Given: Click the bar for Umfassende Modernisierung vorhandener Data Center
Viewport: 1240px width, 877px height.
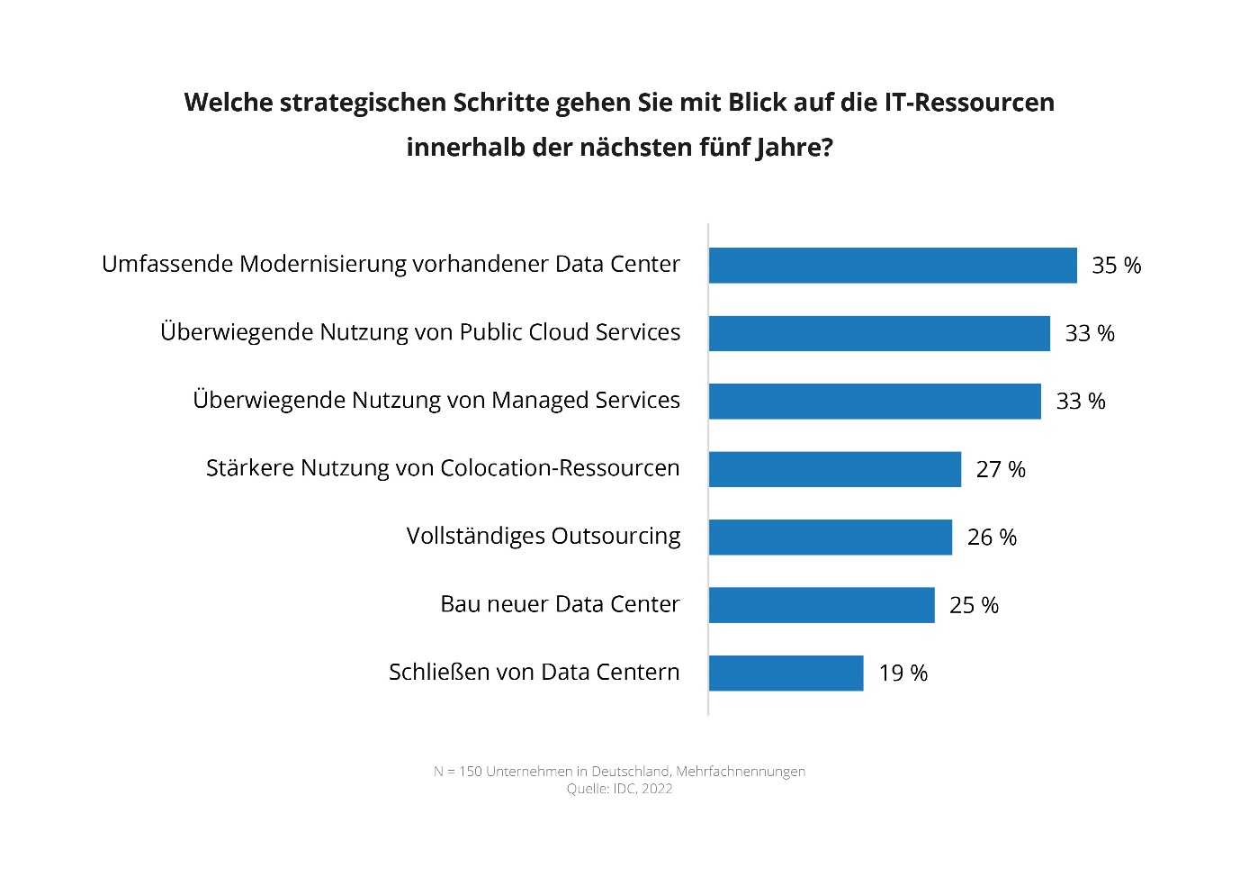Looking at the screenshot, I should pyautogui.click(x=892, y=266).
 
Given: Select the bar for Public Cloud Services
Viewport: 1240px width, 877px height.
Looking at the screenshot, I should pyautogui.click(x=878, y=333).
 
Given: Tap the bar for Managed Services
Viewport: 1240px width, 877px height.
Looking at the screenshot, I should pyautogui.click(x=874, y=402).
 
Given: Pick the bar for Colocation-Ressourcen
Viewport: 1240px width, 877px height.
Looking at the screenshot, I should pyautogui.click(x=834, y=469).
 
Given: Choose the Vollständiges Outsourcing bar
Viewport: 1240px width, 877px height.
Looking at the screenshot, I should pyautogui.click(x=830, y=538).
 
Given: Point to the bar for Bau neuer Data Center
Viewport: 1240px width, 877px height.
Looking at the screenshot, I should pyautogui.click(x=821, y=605).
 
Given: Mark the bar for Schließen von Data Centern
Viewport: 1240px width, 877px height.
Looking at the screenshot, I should pyautogui.click(x=786, y=674).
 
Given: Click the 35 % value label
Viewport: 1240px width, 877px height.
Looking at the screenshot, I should pyautogui.click(x=1116, y=266).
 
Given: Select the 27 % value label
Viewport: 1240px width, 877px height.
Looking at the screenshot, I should pyautogui.click(x=1001, y=469).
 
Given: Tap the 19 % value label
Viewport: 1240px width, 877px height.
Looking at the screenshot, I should pyautogui.click(x=903, y=674).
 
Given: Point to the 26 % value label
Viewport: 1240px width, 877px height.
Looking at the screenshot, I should pyautogui.click(x=992, y=538).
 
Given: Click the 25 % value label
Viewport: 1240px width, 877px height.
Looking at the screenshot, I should pyautogui.click(x=974, y=605).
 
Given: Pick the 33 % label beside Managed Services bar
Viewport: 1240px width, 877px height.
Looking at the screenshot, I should pyautogui.click(x=1080, y=402).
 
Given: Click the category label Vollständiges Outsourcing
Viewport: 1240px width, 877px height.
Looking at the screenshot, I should pyautogui.click(x=543, y=537).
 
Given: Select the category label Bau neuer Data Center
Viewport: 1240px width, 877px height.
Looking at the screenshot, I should pyautogui.click(x=560, y=604).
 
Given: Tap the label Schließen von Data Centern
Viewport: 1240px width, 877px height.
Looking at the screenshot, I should pyautogui.click(x=534, y=673).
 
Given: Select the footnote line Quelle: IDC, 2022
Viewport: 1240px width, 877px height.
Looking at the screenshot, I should pyautogui.click(x=619, y=789).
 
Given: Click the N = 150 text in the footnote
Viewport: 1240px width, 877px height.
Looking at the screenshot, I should pyautogui.click(x=457, y=772).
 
